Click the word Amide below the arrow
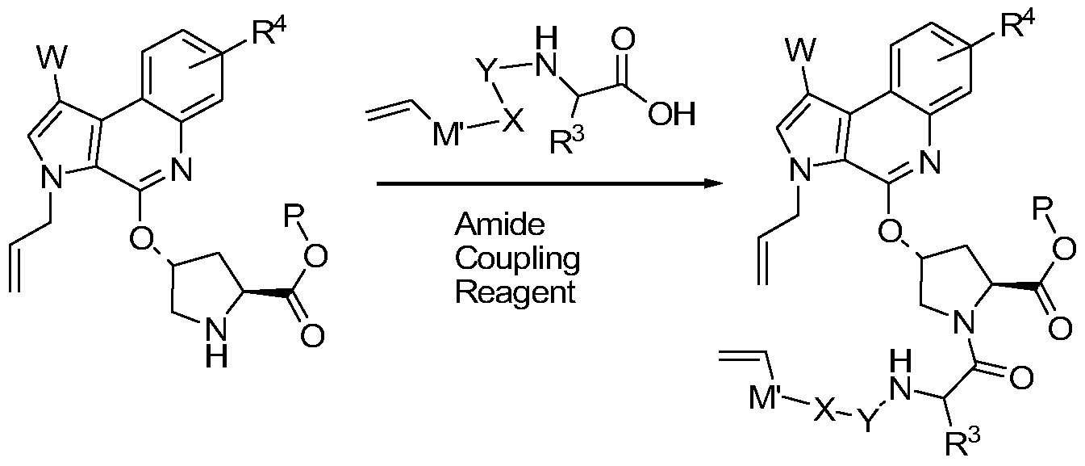[500, 225]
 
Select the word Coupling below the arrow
[517, 259]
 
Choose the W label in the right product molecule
[802, 50]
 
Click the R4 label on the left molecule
[265, 31]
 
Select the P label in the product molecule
[1042, 209]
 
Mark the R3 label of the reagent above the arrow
[567, 140]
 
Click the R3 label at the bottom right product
[963, 441]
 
